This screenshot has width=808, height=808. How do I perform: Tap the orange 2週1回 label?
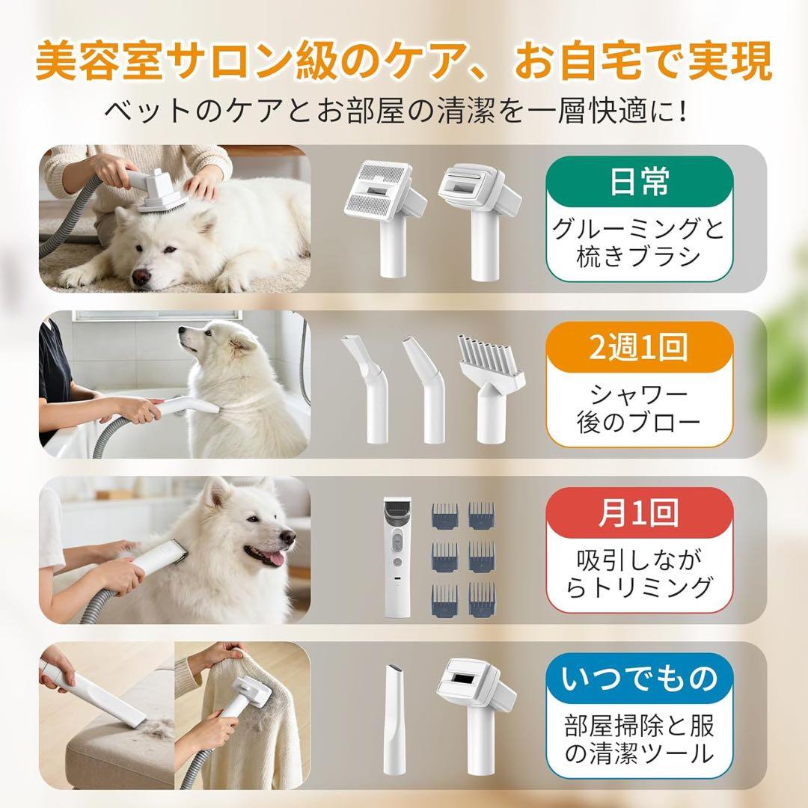[x=639, y=349]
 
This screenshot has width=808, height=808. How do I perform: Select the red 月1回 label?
[x=639, y=515]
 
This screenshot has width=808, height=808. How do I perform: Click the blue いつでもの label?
[x=639, y=679]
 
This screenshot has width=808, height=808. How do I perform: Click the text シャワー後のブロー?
[x=639, y=408]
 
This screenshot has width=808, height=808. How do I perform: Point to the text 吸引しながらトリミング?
[x=639, y=573]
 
